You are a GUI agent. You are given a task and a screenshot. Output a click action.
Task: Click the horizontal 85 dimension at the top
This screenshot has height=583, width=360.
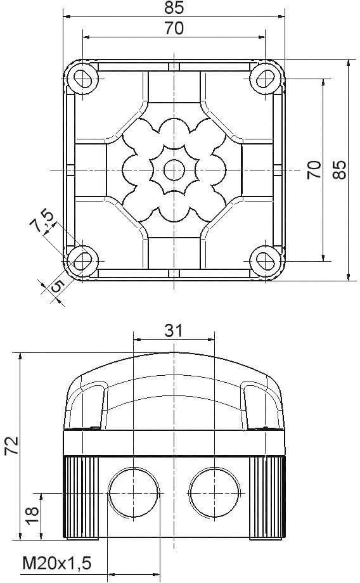point(174,8)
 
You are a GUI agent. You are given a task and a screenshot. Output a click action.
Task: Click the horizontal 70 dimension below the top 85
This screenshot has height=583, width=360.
point(174,29)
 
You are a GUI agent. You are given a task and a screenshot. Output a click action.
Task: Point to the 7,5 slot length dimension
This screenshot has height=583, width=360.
point(45,221)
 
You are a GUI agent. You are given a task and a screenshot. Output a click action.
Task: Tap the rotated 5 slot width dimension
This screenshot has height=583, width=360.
point(56,286)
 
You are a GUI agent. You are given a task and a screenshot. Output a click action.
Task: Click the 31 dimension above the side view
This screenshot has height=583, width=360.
point(174,330)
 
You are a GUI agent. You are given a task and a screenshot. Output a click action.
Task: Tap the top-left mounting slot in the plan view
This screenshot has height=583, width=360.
point(82,78)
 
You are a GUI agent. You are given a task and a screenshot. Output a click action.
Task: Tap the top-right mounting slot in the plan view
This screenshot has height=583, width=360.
point(265,78)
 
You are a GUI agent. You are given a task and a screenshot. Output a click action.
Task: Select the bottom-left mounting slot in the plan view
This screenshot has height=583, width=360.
point(82,260)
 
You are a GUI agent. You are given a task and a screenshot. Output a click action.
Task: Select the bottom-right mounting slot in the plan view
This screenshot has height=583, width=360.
point(265,260)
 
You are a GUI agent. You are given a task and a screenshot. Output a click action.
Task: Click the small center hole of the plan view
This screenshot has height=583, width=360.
point(173,169)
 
